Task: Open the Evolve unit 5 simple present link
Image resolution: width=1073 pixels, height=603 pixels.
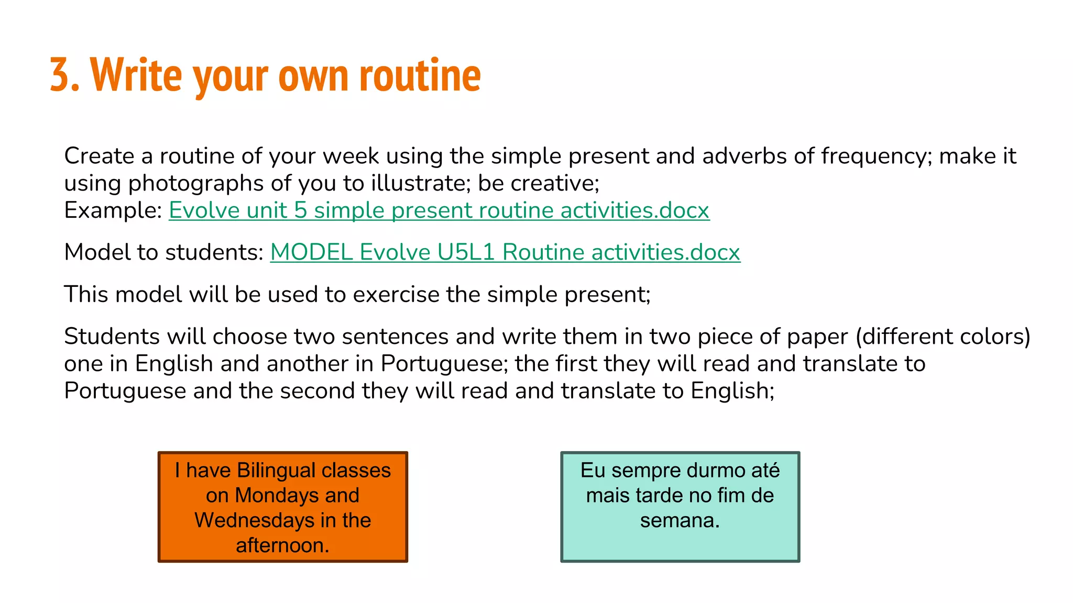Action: click(x=439, y=210)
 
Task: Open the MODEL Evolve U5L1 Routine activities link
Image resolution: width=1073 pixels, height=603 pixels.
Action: click(x=505, y=252)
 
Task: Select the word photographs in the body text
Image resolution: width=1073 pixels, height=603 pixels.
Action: click(x=196, y=183)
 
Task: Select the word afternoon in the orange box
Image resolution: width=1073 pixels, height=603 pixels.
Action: click(x=282, y=545)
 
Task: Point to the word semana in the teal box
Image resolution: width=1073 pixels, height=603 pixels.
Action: click(x=680, y=521)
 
